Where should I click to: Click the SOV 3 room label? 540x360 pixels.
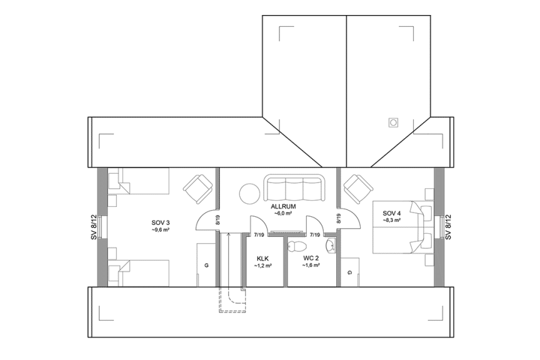pyautogui.click(x=161, y=222)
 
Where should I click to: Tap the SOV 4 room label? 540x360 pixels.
pyautogui.click(x=392, y=213)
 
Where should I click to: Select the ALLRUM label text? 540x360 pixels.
pyautogui.click(x=283, y=206)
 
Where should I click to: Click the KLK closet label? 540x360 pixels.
pyautogui.click(x=262, y=258)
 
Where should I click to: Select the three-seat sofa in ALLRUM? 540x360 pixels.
pyautogui.click(x=294, y=188)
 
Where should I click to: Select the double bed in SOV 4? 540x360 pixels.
pyautogui.click(x=403, y=227)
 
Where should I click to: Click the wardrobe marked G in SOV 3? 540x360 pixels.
pyautogui.click(x=206, y=265)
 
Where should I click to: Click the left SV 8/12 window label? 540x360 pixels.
pyautogui.click(x=94, y=227)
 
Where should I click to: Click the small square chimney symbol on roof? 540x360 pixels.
pyautogui.click(x=394, y=122)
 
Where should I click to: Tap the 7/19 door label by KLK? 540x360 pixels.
pyautogui.click(x=258, y=235)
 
